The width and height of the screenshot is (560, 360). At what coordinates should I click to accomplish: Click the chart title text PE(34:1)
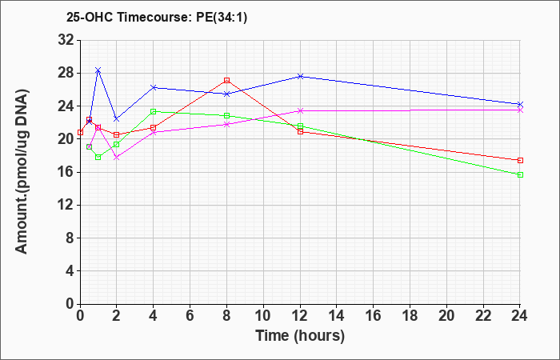coord(222,17)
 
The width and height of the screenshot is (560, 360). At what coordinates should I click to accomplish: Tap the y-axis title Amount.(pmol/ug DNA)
coord(22,172)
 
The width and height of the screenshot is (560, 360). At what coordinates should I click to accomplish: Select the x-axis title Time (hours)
coord(300,336)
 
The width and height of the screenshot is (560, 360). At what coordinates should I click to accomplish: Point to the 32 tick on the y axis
coord(66,40)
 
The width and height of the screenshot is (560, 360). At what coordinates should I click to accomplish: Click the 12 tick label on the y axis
coord(66,205)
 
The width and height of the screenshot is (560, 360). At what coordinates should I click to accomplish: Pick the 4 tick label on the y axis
coord(70,271)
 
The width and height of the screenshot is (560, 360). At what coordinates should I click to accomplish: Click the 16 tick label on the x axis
coord(374,315)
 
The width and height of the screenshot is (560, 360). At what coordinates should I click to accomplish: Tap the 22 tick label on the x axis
coord(483,315)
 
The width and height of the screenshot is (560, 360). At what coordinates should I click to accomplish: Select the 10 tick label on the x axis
coord(263,315)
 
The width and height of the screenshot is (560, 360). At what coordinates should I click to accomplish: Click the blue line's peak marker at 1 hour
coord(98,70)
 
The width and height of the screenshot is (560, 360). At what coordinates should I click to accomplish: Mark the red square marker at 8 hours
coord(226,80)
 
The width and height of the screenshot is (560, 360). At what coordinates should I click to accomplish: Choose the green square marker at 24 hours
coord(520,174)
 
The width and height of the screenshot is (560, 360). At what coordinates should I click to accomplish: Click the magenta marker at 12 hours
coord(300,110)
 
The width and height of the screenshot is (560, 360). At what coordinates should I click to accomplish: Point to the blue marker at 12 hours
coord(300,76)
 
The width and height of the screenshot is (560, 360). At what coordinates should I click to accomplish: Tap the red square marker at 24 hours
coord(520,160)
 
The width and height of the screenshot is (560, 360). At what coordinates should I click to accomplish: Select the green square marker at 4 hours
coord(154,111)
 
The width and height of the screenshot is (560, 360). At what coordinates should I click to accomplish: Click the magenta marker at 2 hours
coord(117,157)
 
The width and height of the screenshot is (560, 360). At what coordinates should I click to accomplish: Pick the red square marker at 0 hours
coord(80,133)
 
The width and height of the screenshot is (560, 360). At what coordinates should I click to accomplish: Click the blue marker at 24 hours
coord(520,104)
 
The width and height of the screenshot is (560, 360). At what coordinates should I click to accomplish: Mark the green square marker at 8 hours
coord(226,115)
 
